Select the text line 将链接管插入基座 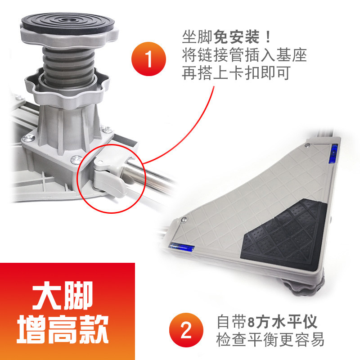tap(244, 55)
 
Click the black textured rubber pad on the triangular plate tap(283, 234)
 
